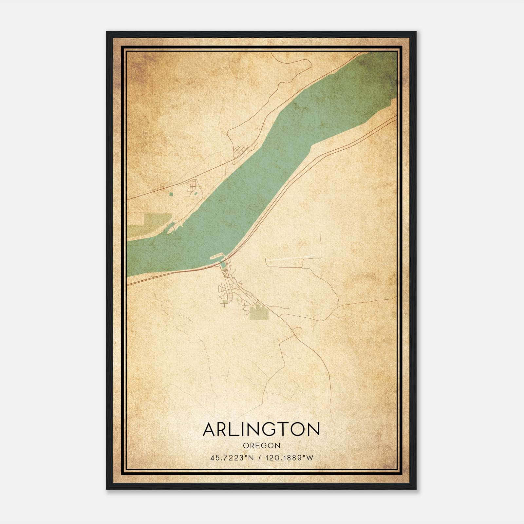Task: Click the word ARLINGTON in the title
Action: tap(261, 429)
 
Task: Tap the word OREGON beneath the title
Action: tap(262, 445)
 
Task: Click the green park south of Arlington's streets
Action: tap(259, 313)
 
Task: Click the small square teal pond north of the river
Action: tap(171, 195)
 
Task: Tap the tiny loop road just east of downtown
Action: tap(240, 282)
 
